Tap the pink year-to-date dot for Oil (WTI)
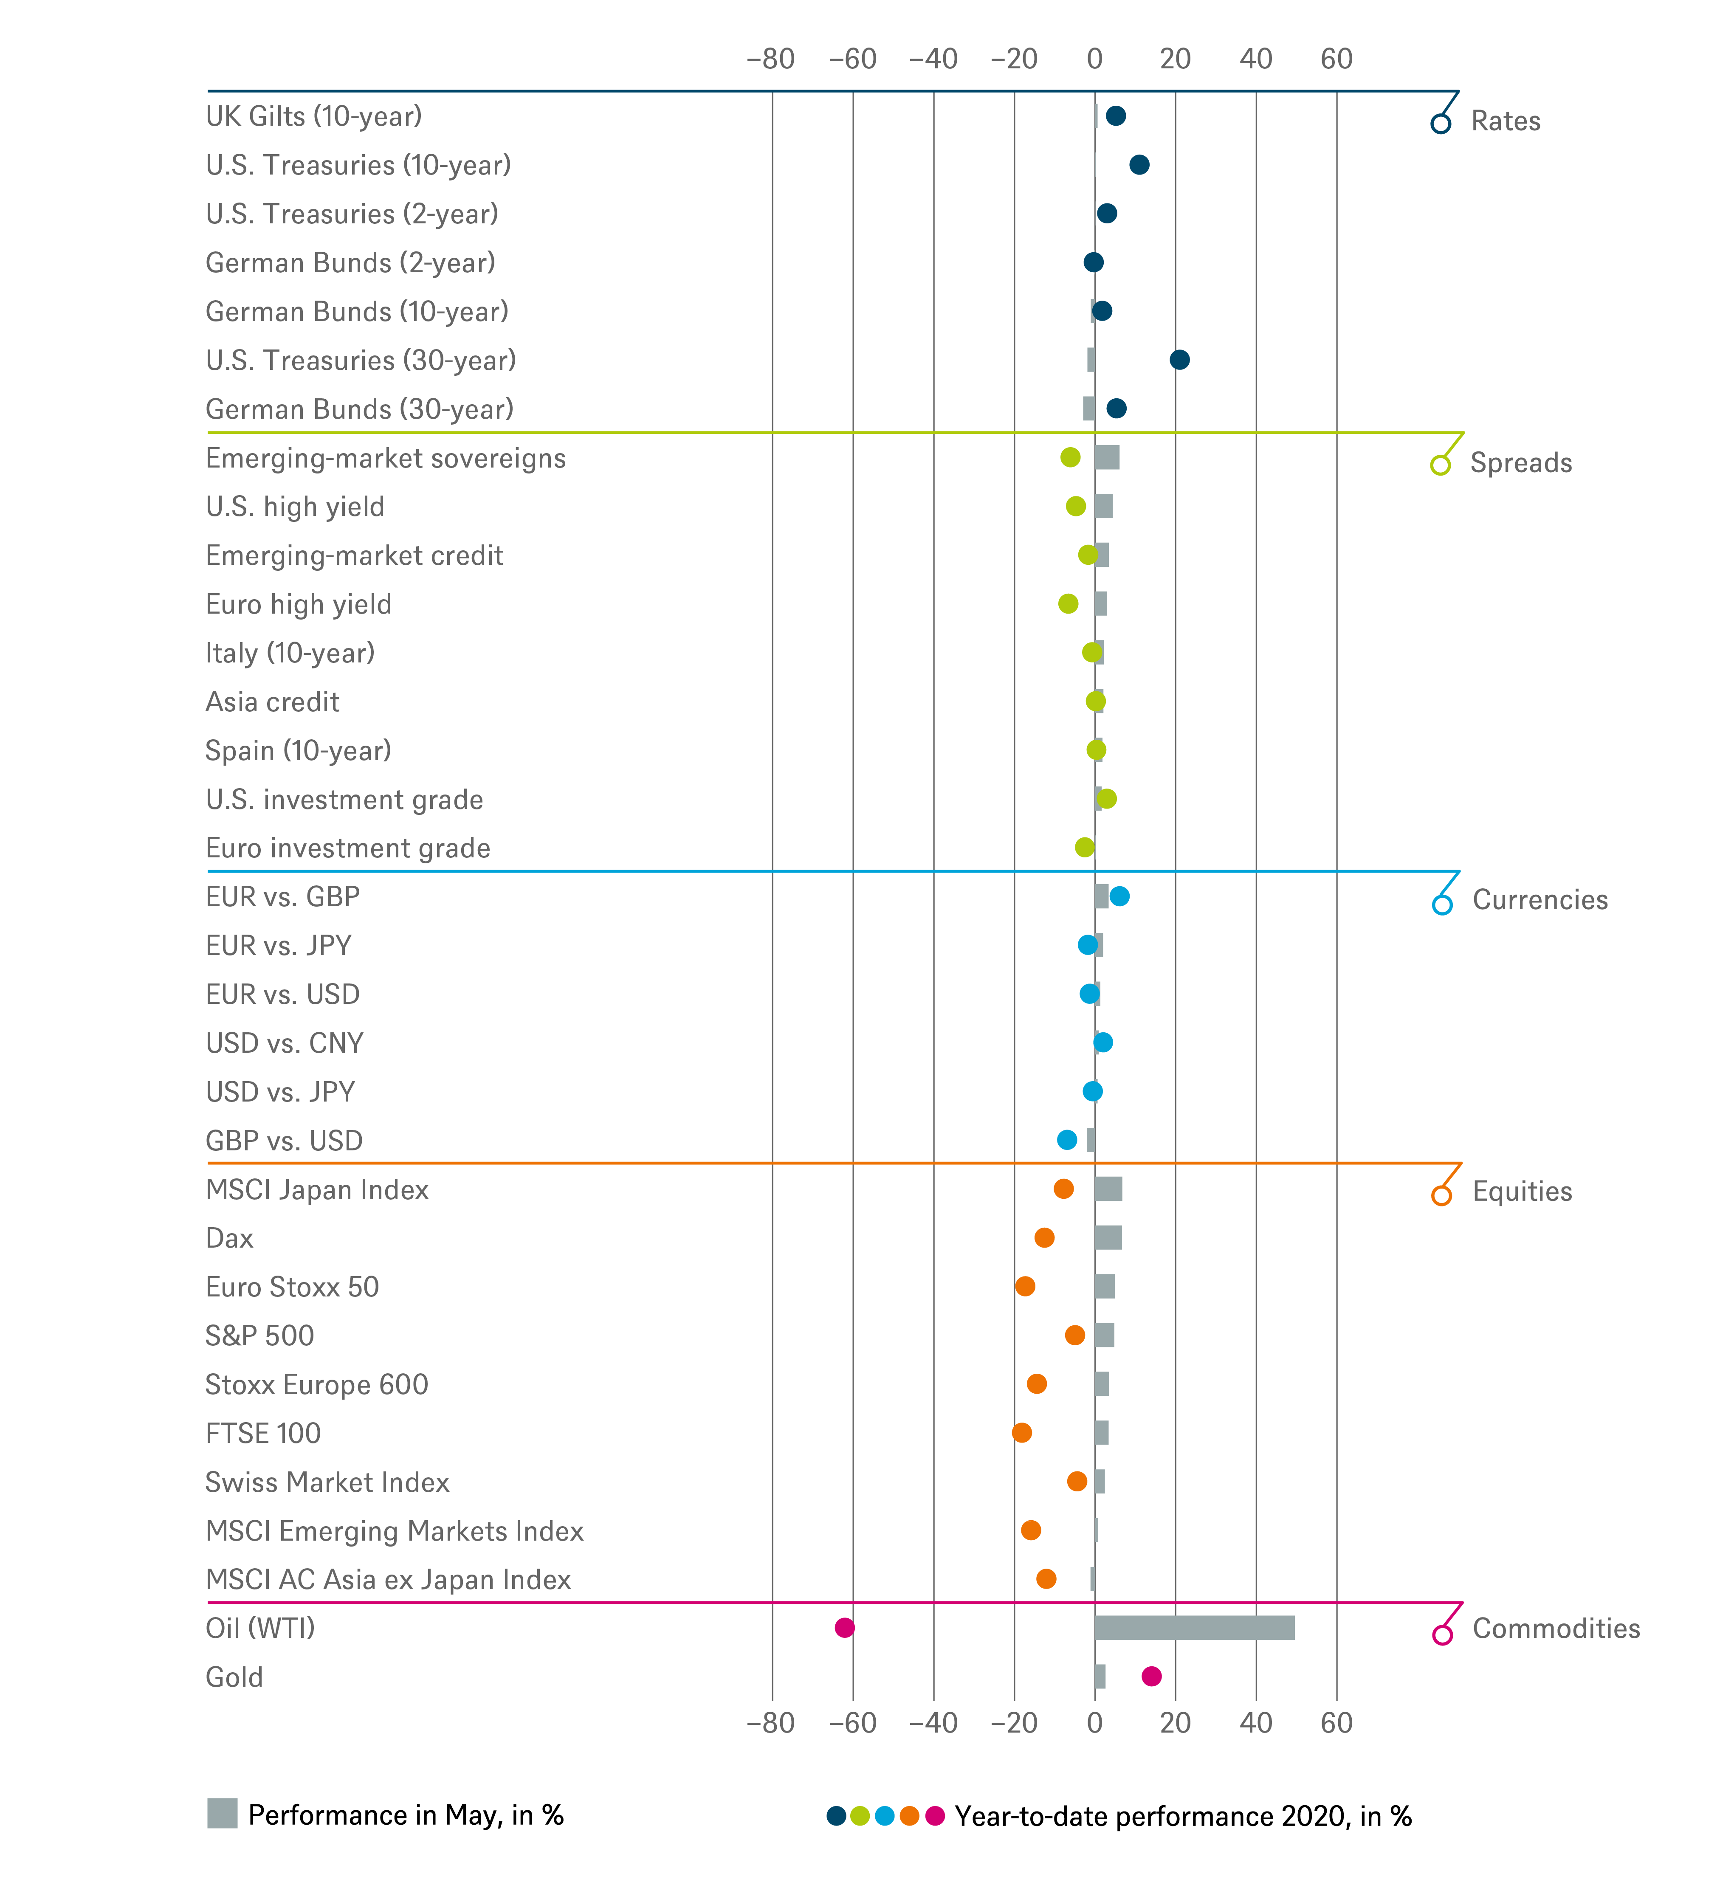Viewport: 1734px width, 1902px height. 844,1627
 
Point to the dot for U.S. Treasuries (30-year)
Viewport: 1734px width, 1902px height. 1179,359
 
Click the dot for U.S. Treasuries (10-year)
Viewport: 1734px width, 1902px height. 1139,165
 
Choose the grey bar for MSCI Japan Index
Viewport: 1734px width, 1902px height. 1108,1189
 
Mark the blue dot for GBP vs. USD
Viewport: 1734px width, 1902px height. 1067,1140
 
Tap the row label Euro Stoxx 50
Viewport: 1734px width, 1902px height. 293,1287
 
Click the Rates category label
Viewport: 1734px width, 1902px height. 1506,121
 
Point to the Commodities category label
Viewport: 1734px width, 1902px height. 1556,1629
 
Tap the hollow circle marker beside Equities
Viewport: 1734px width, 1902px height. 1441,1195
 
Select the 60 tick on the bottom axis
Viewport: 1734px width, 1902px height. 1336,1723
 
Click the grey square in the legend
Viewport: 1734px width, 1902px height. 223,1813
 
